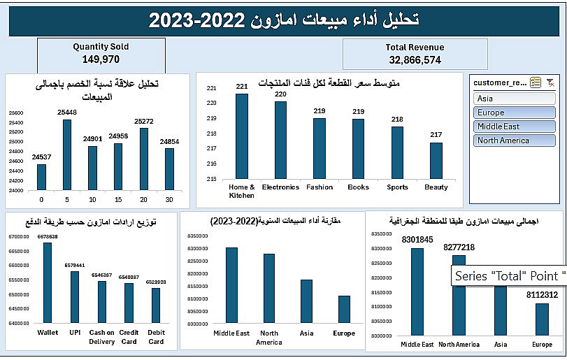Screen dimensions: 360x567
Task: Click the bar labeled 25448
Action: coord(67,154)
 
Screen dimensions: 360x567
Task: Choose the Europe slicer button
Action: coord(515,113)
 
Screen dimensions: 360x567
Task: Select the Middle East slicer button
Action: coord(515,127)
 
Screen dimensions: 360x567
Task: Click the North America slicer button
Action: coord(515,141)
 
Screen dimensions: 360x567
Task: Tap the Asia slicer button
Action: coord(515,99)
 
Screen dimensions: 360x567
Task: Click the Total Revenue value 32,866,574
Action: coord(415,60)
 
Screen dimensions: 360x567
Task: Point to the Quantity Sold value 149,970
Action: coord(101,59)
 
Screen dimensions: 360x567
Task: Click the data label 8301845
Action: coord(417,240)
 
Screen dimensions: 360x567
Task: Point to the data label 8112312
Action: coord(542,295)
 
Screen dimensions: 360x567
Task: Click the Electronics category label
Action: coord(280,187)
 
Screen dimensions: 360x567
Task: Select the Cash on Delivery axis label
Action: coord(101,337)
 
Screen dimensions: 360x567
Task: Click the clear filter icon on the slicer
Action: coord(550,82)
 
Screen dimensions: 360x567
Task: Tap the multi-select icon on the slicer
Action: coord(536,82)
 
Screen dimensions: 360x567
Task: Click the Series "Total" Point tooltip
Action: coord(508,276)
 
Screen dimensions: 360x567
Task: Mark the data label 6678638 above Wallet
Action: coord(48,237)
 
